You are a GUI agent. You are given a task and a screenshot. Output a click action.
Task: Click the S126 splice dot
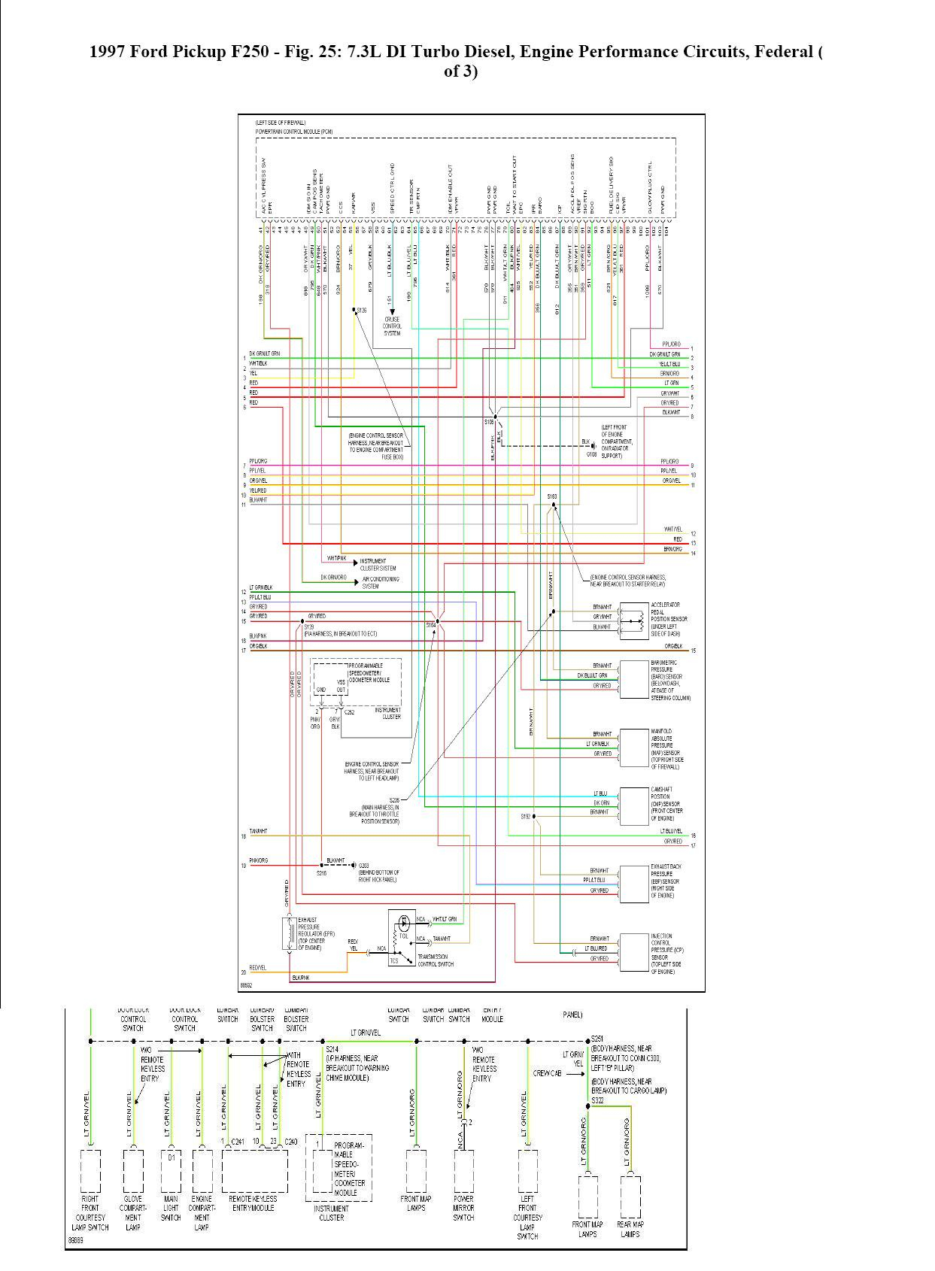354,310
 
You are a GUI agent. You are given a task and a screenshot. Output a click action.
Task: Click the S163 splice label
552,496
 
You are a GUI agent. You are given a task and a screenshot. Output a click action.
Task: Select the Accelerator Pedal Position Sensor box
633,618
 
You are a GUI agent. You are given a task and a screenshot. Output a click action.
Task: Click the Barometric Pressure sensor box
633,679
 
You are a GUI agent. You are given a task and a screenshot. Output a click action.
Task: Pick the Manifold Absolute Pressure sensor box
633,746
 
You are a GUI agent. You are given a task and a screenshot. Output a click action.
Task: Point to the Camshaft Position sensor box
633,805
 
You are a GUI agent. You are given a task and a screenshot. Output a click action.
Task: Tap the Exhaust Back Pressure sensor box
633,883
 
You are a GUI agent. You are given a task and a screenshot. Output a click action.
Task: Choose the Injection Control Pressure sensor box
633,952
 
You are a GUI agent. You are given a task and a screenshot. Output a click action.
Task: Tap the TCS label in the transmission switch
394,960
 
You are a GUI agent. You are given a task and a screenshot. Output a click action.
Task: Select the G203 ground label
364,866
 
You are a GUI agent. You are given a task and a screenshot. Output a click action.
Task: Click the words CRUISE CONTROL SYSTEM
392,326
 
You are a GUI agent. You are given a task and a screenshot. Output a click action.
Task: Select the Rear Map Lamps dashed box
630,1196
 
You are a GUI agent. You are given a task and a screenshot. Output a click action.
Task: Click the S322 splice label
597,1100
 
